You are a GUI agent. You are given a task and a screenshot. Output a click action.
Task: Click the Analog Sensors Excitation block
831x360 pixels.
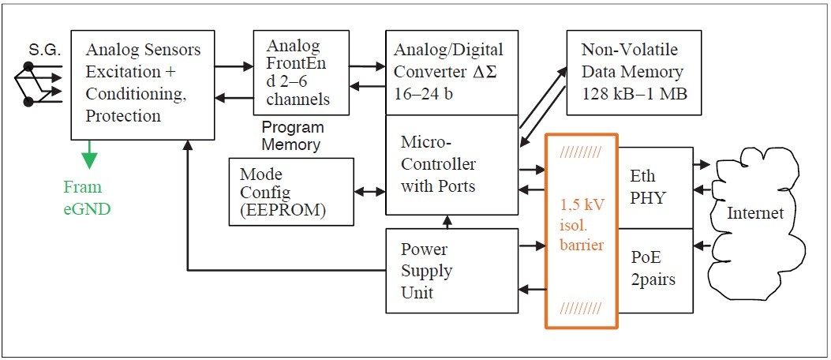pyautogui.click(x=144, y=83)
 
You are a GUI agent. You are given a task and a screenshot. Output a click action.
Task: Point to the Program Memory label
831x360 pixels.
pyautogui.click(x=292, y=136)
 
